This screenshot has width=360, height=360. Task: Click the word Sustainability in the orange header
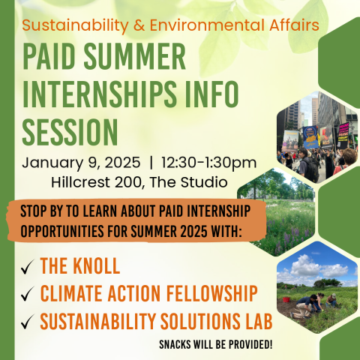pos(75,25)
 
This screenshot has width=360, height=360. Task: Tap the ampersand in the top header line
pos(139,25)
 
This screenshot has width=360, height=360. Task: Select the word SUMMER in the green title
pos(135,55)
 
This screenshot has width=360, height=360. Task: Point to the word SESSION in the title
pos(70,132)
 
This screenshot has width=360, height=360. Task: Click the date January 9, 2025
pos(81,163)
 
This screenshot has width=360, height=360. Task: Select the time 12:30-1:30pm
pos(209,163)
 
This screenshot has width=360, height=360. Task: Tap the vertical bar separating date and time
pos(151,163)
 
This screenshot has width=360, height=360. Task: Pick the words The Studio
pos(188,182)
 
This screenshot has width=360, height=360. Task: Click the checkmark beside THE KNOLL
pos(27,267)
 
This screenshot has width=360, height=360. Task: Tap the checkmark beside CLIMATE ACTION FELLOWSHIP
pos(27,294)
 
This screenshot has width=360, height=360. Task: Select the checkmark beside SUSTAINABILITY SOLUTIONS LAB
pos(27,322)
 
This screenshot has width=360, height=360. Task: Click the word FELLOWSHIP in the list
pos(212,293)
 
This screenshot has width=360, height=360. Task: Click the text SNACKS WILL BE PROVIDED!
pos(216,345)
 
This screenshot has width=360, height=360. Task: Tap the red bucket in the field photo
pos(286,299)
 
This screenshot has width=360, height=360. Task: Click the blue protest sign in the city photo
pos(310,137)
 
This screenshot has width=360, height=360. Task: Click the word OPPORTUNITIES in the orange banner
pos(62,231)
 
